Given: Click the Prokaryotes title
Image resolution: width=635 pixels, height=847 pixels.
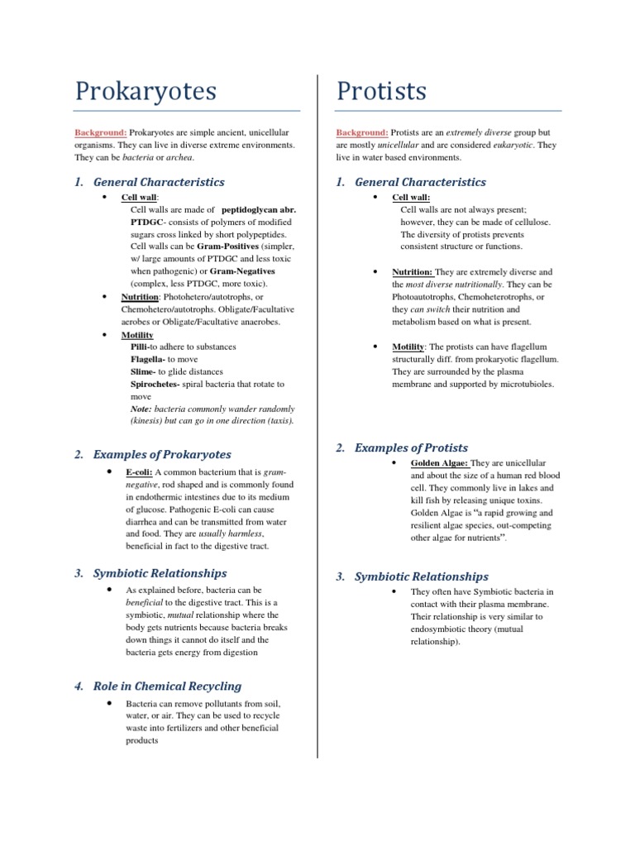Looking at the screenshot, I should pos(146,91).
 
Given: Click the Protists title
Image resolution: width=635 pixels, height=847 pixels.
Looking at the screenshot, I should pos(381,91).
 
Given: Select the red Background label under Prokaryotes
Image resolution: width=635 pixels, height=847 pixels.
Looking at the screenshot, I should pos(101,132).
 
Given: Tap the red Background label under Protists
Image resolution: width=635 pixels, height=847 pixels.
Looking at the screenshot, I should pos(362,132).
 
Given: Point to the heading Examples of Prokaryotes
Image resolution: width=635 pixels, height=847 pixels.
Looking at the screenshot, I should pos(162,454).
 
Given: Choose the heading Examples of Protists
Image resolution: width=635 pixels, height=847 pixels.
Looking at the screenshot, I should pos(411,447).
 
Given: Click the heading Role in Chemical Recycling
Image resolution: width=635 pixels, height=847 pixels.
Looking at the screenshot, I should pos(167,685).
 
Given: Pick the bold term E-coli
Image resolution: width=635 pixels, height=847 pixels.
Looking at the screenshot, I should pos(139,471).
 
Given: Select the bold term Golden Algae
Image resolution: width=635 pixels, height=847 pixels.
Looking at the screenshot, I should pos(439,462).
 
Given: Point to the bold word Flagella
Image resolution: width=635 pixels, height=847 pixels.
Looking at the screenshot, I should pos(149,359).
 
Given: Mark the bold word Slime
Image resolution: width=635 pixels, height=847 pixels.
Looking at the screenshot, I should pos(144,371).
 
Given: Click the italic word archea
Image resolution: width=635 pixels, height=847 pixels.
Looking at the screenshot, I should pos(189,157).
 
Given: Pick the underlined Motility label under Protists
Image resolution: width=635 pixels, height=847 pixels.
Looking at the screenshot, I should pos(408,347).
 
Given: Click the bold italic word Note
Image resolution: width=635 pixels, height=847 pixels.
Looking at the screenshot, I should pos(141,409).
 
